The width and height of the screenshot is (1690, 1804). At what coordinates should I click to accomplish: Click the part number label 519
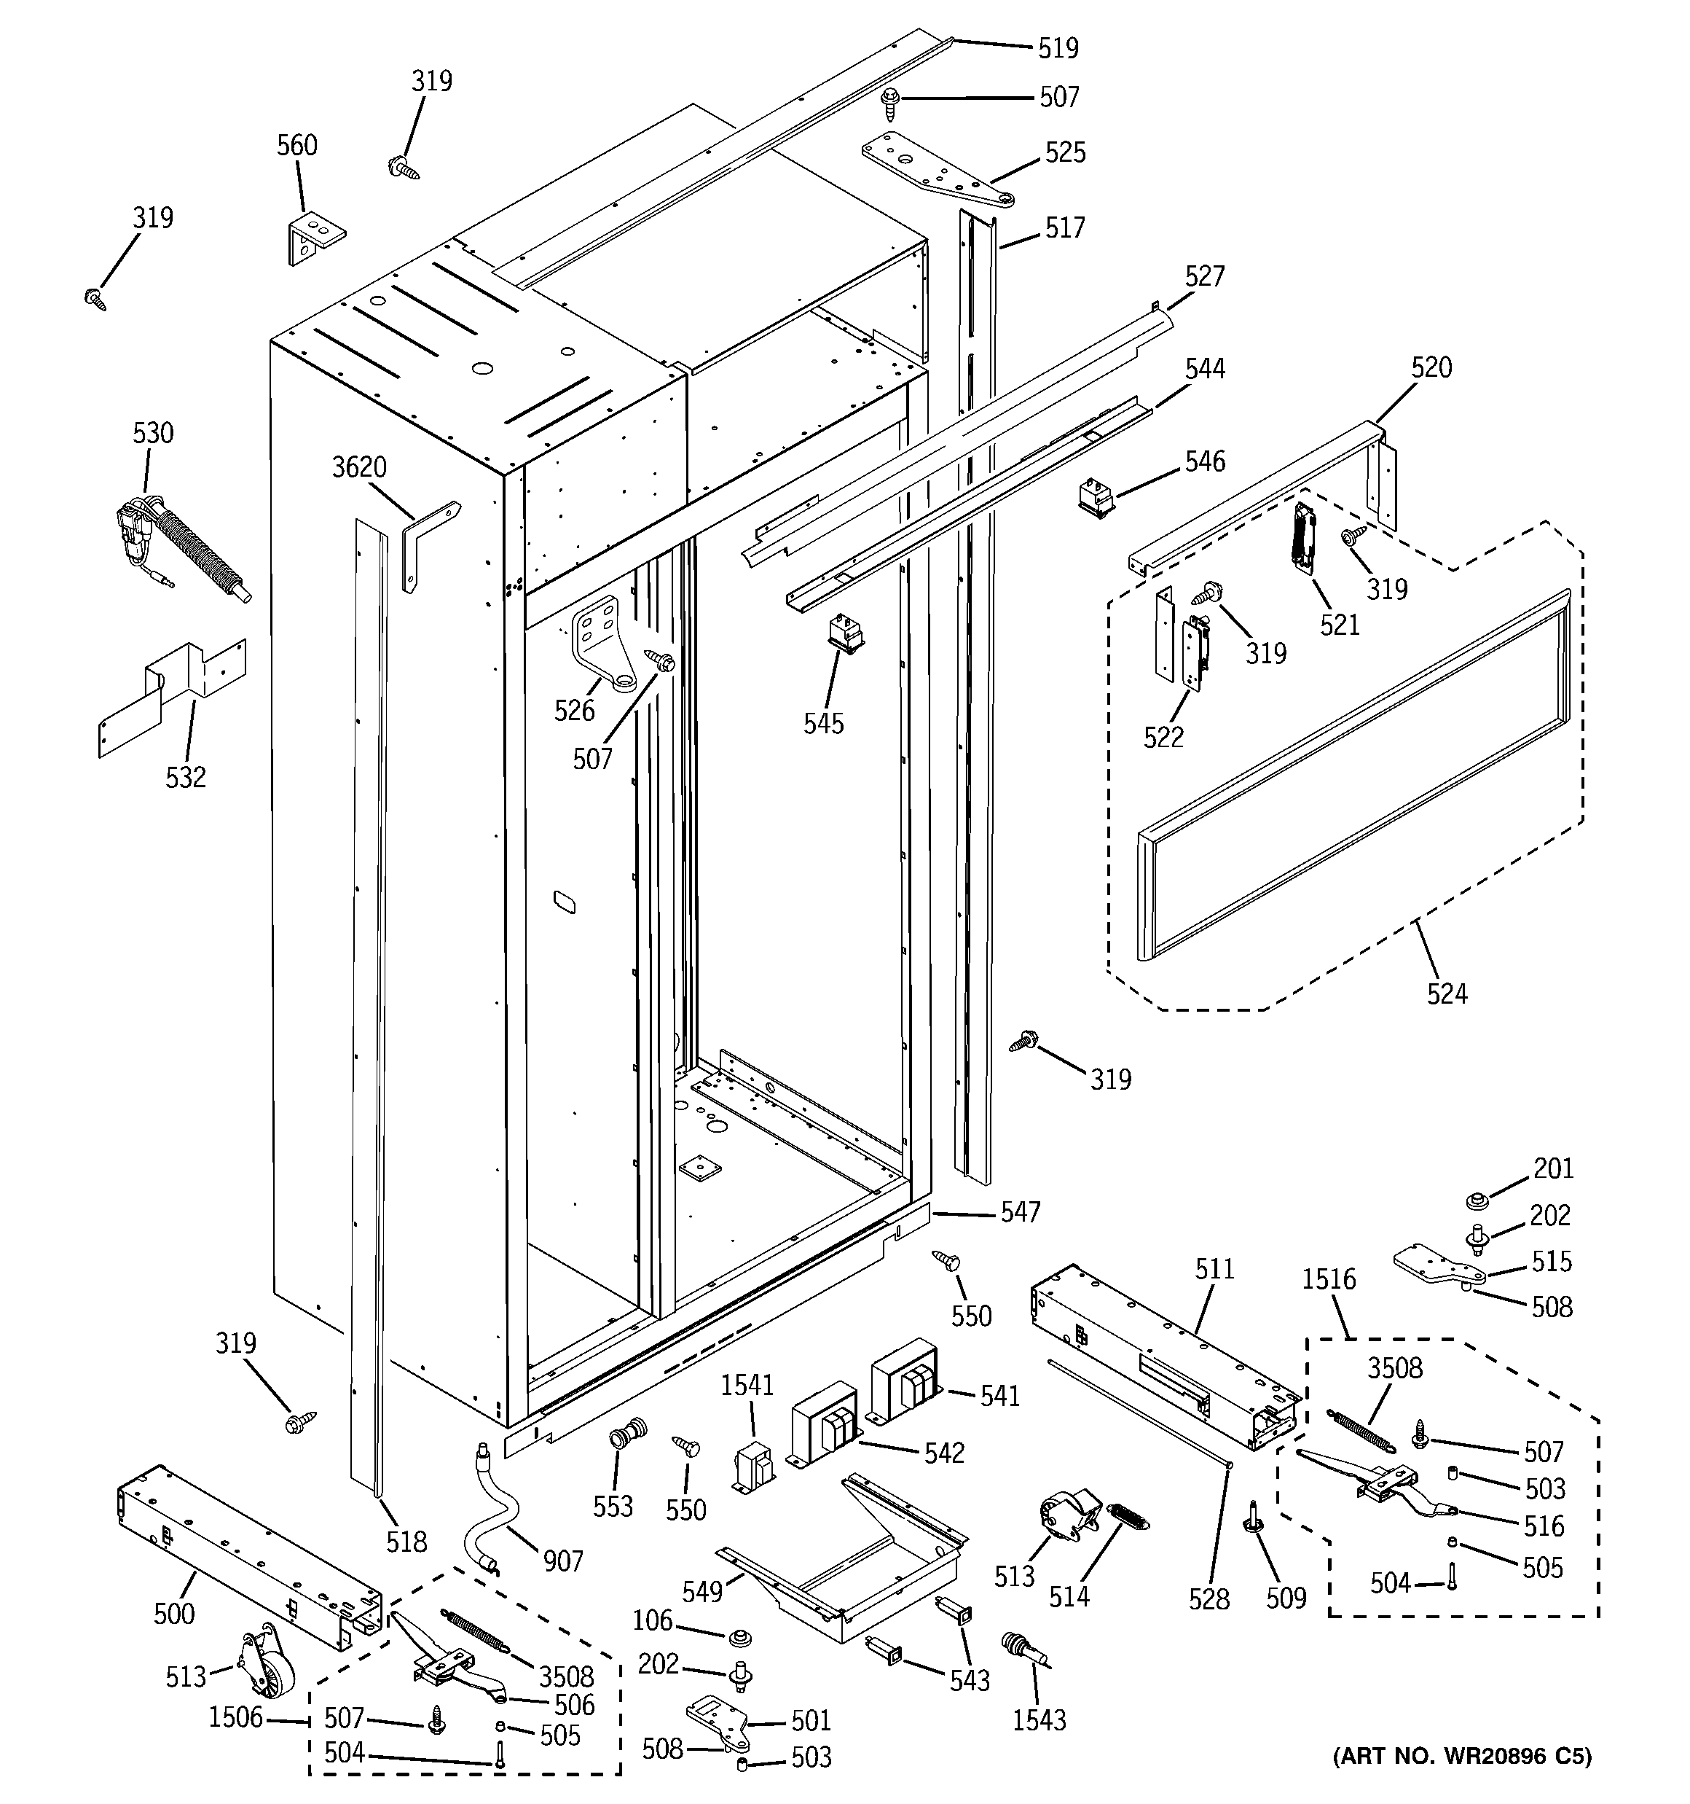[x=1058, y=48]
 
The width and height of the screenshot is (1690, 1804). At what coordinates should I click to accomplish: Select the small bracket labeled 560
[x=315, y=237]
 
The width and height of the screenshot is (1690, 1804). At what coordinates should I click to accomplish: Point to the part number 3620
[x=358, y=467]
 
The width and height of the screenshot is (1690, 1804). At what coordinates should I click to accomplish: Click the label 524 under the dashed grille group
[x=1446, y=993]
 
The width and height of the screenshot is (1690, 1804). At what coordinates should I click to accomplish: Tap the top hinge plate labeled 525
[x=935, y=171]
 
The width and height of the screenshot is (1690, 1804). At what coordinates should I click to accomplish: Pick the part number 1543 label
[x=1039, y=1719]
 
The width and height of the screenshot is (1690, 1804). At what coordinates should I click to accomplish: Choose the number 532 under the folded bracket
[x=185, y=778]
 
